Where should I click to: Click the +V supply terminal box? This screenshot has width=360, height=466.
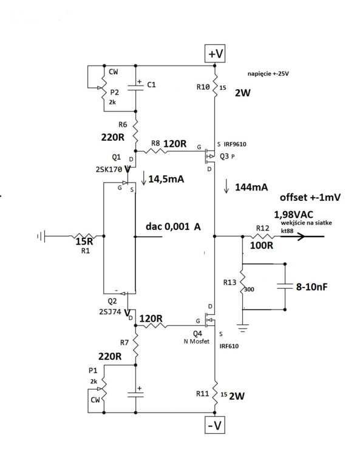[x=215, y=53]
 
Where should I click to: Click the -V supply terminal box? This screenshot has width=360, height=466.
[x=214, y=425]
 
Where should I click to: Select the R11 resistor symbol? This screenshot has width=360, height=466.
[x=215, y=392]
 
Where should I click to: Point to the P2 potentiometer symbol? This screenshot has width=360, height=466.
[x=103, y=88]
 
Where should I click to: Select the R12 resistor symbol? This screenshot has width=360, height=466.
[x=262, y=237]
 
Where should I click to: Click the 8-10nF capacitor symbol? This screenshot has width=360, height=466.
[x=285, y=286]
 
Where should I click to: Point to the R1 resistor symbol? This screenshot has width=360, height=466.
[x=81, y=236]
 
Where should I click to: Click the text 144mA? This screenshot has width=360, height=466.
[x=251, y=187]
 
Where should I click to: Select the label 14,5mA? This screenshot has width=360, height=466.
[x=166, y=179]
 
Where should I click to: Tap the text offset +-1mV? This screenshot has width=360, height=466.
[x=310, y=197]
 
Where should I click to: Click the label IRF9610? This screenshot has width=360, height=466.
[x=235, y=144]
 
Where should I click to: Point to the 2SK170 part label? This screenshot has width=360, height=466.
[x=109, y=169]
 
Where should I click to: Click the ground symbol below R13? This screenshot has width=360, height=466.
[x=243, y=328]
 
